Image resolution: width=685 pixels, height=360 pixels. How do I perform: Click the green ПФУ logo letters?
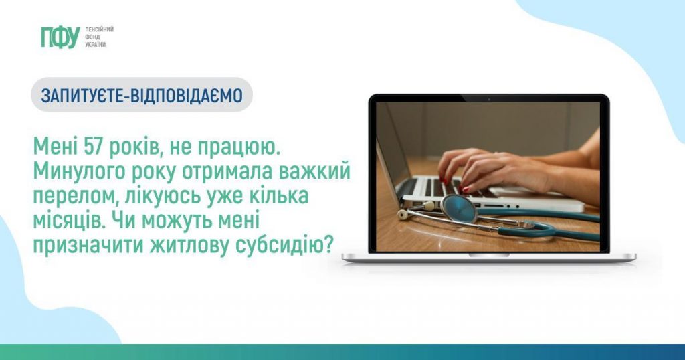[60, 37]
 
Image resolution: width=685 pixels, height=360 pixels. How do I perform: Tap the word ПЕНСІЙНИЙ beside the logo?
[99, 29]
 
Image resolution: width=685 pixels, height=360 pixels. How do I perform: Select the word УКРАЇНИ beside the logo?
[96, 45]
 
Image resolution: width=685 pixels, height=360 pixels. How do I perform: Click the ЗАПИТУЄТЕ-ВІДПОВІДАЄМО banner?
[142, 95]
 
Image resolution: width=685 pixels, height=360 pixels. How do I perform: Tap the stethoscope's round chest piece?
[459, 209]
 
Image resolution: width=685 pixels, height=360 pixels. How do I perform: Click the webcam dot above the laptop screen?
[489, 100]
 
